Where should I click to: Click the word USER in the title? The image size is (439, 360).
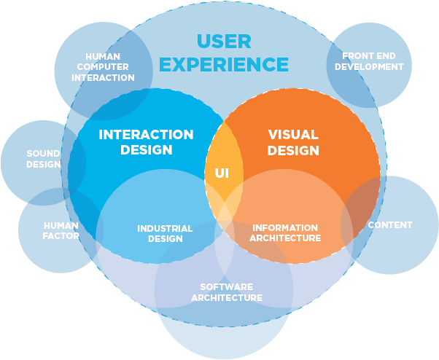click(x=224, y=40)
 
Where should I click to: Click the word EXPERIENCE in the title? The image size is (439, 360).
click(x=224, y=64)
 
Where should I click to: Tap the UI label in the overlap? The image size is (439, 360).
click(x=222, y=173)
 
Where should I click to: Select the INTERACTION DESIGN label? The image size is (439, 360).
click(x=146, y=143)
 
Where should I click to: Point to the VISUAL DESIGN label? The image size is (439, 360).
click(x=293, y=143)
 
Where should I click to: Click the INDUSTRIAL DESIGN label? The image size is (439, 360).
click(x=165, y=233)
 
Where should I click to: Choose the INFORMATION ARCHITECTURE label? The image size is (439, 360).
click(x=286, y=232)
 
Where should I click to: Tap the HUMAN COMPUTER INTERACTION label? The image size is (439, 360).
click(x=103, y=66)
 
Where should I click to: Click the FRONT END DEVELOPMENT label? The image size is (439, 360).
click(x=373, y=61)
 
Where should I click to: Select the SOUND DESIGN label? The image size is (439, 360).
click(x=44, y=159)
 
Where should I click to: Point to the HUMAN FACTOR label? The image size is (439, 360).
click(x=61, y=230)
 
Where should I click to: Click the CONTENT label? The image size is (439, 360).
click(x=390, y=225)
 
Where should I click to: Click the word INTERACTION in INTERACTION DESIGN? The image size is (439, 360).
click(x=146, y=135)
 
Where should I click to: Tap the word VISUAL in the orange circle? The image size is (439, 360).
click(x=293, y=135)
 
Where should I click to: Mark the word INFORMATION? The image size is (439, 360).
click(x=286, y=227)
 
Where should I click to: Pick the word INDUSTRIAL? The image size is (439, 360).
click(x=165, y=228)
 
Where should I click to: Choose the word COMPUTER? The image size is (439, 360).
click(x=103, y=66)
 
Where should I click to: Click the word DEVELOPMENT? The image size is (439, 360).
click(x=373, y=66)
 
